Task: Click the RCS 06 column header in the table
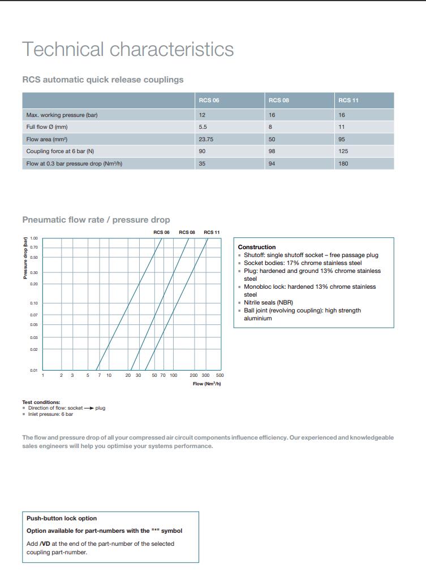pyautogui.click(x=209, y=101)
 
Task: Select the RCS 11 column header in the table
pyautogui.click(x=348, y=101)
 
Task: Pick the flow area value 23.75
pyautogui.click(x=206, y=139)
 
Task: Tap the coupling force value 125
pyautogui.click(x=343, y=151)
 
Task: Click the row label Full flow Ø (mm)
pyautogui.click(x=47, y=127)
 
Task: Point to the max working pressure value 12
pyautogui.click(x=202, y=115)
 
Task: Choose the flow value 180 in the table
pyautogui.click(x=343, y=164)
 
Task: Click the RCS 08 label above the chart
pyautogui.click(x=187, y=232)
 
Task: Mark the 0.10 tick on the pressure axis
pyautogui.click(x=34, y=303)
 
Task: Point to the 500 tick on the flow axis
pyautogui.click(x=220, y=375)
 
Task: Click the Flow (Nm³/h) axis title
pyautogui.click(x=206, y=384)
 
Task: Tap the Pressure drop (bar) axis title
pyautogui.click(x=25, y=258)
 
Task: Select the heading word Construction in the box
pyautogui.click(x=257, y=247)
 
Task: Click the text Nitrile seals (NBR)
pyautogui.click(x=268, y=302)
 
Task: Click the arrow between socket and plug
pyautogui.click(x=89, y=408)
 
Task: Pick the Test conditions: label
pyautogui.click(x=41, y=402)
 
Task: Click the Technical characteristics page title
pyautogui.click(x=128, y=49)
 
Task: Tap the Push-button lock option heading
pyautogui.click(x=62, y=518)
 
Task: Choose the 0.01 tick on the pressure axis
pyautogui.click(x=34, y=371)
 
